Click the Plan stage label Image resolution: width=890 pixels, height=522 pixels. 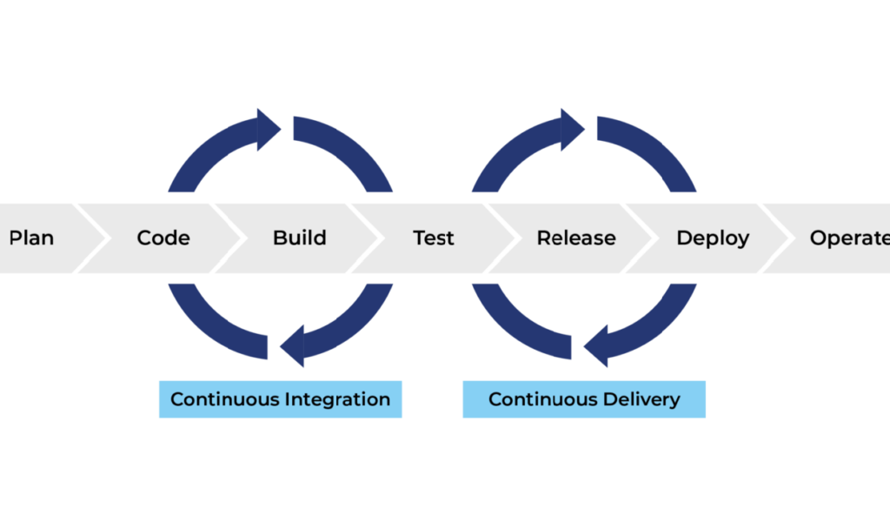point(32,238)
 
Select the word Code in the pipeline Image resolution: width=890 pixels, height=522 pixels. point(163,238)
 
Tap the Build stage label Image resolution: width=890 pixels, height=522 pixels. point(300,238)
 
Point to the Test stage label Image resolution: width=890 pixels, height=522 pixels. point(433,238)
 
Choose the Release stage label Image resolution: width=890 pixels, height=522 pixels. point(576,238)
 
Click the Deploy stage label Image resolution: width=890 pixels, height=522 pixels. point(713,238)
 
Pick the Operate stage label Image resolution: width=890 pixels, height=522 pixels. point(850,238)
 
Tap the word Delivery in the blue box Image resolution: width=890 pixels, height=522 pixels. point(641,400)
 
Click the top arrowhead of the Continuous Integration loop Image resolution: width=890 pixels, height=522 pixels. point(269,130)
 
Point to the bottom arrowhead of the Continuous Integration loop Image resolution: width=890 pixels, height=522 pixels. point(292,346)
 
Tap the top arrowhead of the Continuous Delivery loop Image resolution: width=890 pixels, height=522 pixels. point(573,130)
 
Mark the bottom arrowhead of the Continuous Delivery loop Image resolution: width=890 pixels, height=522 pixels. point(596,346)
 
